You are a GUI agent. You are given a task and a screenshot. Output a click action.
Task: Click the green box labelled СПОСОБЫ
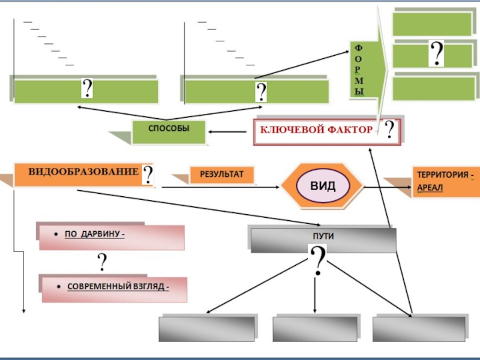(168, 131)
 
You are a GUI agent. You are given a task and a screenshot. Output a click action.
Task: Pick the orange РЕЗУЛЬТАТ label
(220, 175)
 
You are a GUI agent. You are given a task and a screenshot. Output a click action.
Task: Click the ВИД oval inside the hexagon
(323, 185)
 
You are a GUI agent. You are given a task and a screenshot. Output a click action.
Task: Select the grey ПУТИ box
(323, 238)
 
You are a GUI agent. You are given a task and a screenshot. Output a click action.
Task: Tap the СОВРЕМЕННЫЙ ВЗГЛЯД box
(114, 288)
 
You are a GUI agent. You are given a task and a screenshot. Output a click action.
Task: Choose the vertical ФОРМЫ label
(359, 70)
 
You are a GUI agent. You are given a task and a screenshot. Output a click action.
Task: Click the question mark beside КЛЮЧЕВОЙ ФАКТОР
(390, 130)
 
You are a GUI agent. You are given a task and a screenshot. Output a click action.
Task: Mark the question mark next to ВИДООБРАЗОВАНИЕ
(148, 175)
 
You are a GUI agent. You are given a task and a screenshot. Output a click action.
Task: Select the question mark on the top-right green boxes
(436, 54)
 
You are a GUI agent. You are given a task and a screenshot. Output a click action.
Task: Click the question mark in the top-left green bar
(87, 89)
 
